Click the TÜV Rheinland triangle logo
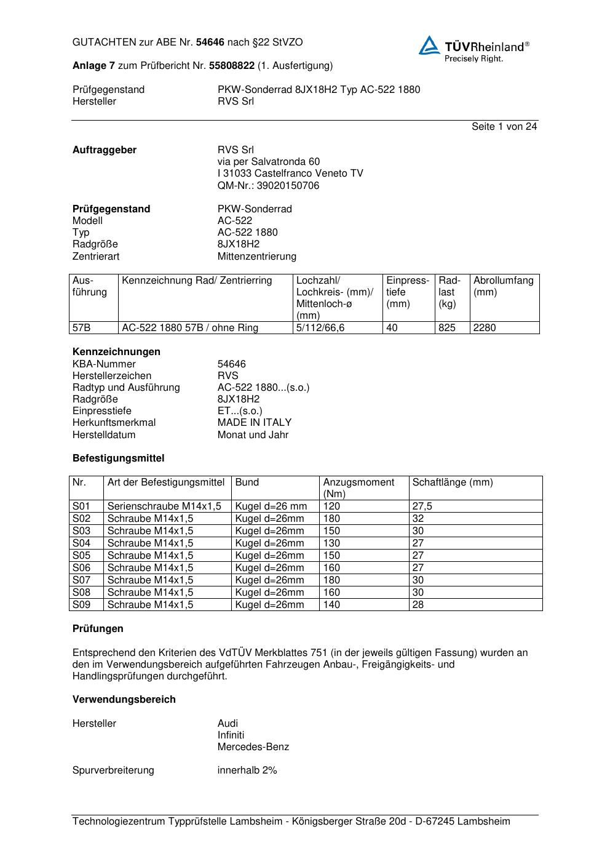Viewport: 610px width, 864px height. [x=429, y=46]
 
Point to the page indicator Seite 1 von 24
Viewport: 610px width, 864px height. [x=504, y=126]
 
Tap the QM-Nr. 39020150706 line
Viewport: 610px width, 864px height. [x=268, y=185]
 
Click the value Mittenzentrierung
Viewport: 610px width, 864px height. [x=256, y=256]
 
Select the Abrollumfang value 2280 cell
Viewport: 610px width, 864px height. [x=485, y=328]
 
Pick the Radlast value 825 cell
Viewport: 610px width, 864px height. [x=447, y=328]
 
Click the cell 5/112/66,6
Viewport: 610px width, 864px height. [x=320, y=328]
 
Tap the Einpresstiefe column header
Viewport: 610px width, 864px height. [x=408, y=292]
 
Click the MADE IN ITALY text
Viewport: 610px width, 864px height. [x=255, y=422]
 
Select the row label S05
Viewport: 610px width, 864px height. [x=81, y=555]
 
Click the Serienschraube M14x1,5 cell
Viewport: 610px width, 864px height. [x=164, y=506]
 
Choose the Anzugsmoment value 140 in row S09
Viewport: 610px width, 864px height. [x=331, y=604]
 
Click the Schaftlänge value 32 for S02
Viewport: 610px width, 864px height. [x=418, y=519]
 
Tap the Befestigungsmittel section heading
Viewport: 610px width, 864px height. [x=118, y=458]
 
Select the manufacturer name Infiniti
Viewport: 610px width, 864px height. [x=231, y=735]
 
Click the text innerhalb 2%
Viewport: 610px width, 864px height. [x=247, y=770]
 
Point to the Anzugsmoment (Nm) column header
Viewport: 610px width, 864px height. [x=358, y=487]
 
